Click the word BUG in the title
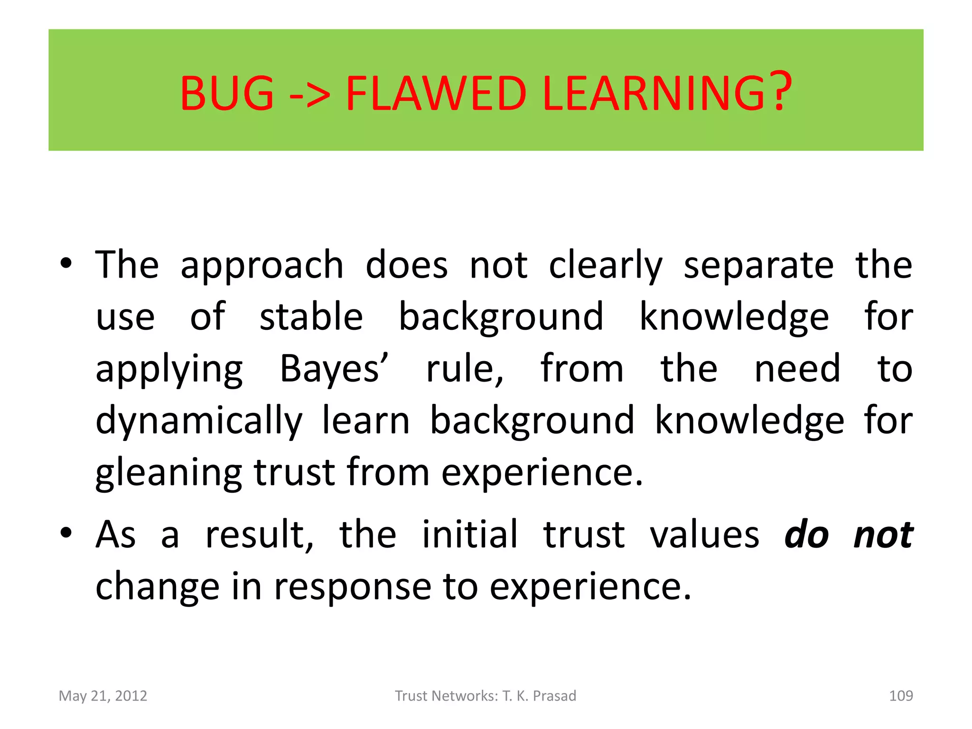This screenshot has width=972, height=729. [227, 93]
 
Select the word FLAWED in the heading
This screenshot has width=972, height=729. [436, 93]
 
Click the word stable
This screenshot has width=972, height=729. [311, 317]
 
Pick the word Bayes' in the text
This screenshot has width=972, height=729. [334, 369]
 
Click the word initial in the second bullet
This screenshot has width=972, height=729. [470, 535]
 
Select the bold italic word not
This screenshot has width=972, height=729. [883, 535]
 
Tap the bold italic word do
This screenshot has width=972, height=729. [806, 535]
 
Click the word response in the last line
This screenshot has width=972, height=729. [353, 587]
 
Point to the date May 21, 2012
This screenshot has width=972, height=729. [103, 696]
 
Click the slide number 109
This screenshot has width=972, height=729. [901, 696]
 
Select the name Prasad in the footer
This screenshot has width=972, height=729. [554, 696]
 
